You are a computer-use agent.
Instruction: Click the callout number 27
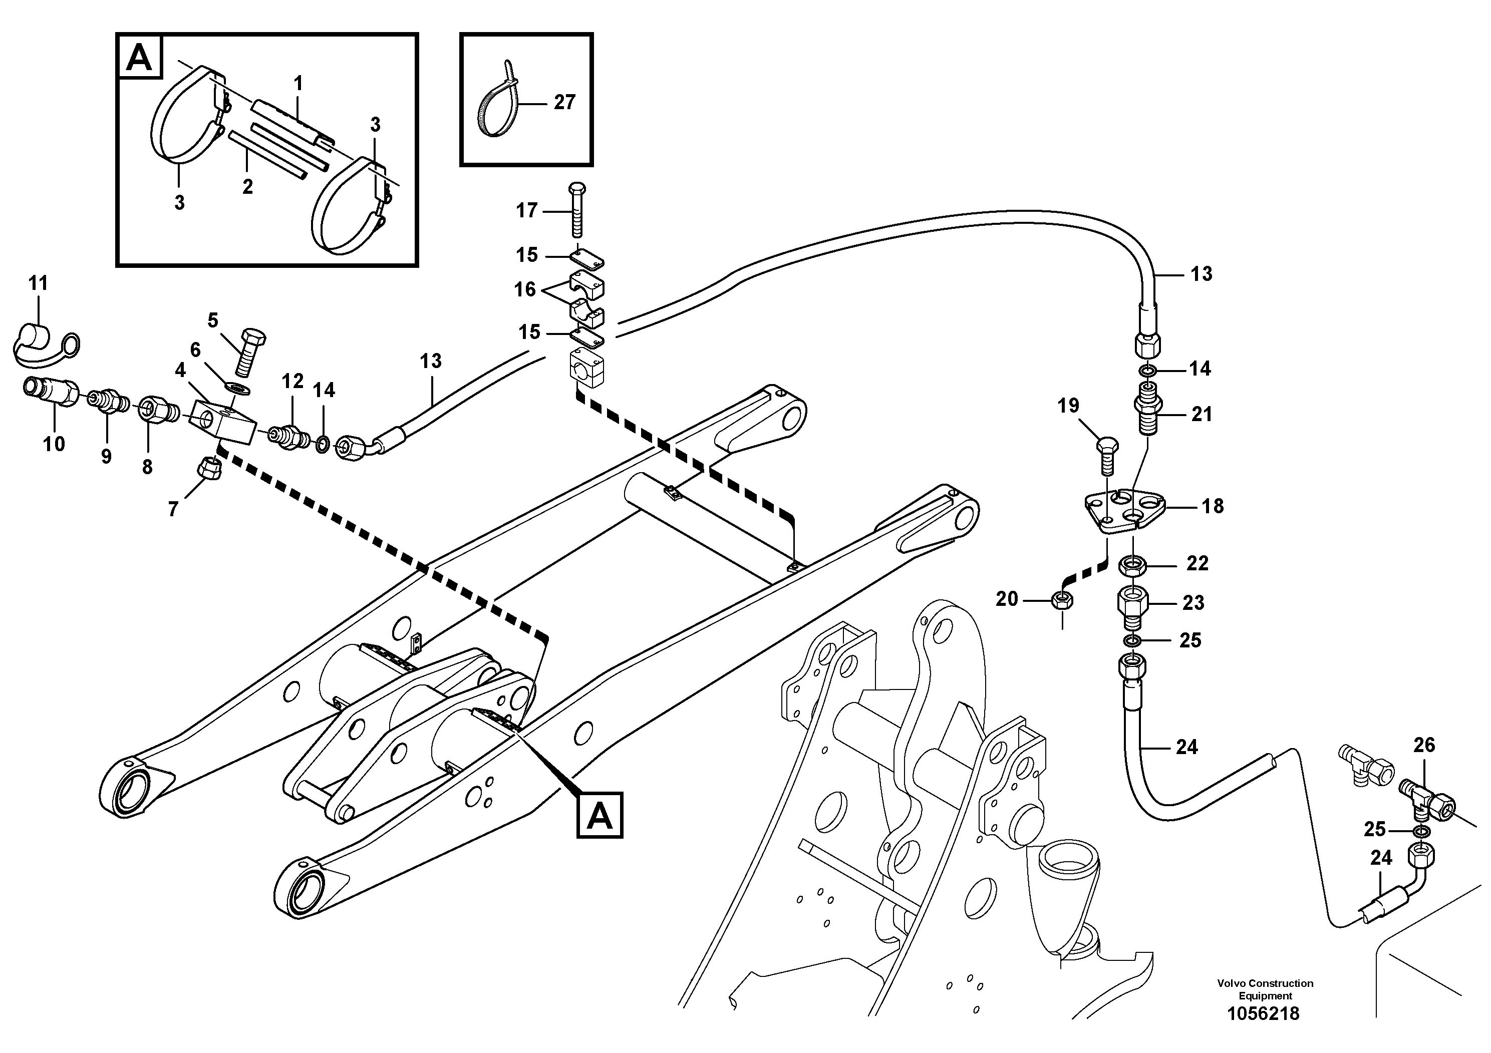click(564, 103)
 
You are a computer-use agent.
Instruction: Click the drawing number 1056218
click(1263, 1013)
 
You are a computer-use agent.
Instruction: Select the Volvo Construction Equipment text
click(1264, 989)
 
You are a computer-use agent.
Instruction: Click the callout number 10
click(54, 444)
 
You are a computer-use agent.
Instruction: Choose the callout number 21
click(1202, 414)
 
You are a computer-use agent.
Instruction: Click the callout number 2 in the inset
click(247, 187)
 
